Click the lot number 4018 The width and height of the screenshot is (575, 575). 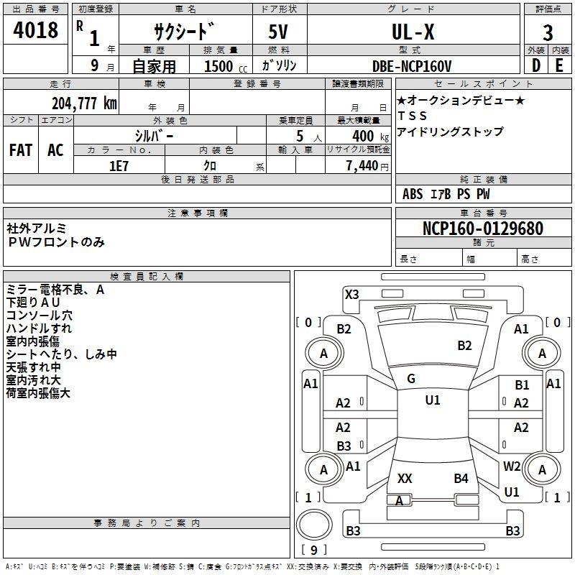point(36,31)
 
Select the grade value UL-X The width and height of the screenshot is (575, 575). point(412,32)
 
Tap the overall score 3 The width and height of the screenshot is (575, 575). point(548,33)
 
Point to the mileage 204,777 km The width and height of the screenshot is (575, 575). point(84,103)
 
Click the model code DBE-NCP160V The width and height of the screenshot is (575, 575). point(412,66)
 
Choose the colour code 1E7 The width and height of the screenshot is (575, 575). point(119,165)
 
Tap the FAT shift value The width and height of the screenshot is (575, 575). point(21,149)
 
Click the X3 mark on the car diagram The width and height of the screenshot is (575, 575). point(351,294)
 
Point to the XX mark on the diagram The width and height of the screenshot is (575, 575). point(405,478)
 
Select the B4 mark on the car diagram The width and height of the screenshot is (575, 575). point(461,478)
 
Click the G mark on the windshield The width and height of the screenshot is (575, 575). point(411,379)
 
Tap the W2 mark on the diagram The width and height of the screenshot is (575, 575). point(512,466)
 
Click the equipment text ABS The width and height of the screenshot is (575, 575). point(413,194)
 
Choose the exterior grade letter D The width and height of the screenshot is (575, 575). point(535,65)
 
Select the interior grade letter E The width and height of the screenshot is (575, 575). point(559,65)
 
